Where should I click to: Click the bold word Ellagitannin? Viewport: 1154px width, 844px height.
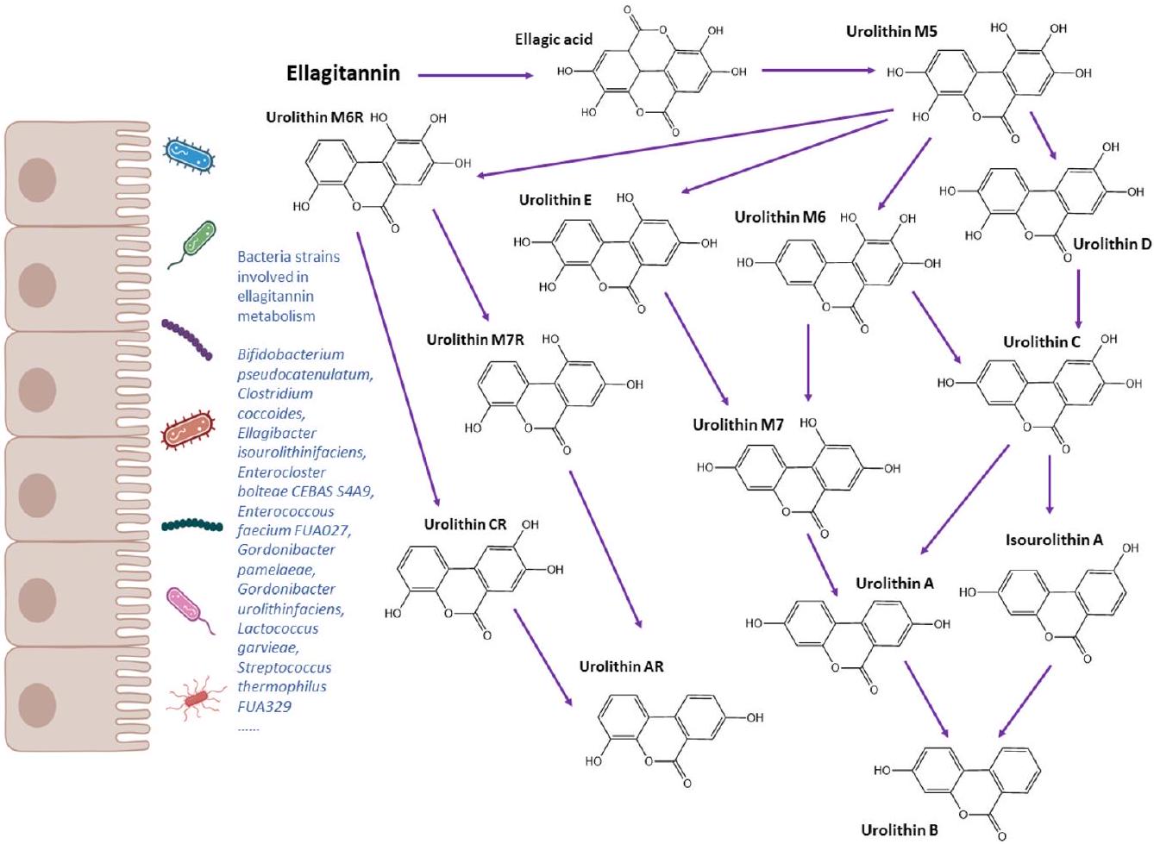click(342, 73)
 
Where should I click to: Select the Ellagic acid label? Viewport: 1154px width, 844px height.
click(554, 40)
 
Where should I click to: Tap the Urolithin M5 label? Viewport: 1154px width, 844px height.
click(891, 32)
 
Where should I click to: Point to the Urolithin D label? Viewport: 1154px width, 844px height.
click(1112, 244)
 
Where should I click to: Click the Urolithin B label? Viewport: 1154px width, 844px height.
click(900, 830)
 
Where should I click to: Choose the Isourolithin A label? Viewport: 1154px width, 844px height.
click(1054, 540)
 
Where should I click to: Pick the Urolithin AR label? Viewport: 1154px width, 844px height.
click(621, 666)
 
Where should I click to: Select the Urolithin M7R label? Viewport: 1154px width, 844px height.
click(474, 340)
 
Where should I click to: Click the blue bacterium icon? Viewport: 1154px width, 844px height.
click(189, 153)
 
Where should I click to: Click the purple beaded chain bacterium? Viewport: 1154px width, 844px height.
click(187, 338)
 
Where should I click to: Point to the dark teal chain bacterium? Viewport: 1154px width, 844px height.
click(191, 524)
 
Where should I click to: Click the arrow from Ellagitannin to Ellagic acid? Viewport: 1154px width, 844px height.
click(475, 76)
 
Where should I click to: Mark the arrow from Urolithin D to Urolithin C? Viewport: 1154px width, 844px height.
click(1078, 298)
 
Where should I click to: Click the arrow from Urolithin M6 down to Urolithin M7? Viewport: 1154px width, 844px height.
click(808, 362)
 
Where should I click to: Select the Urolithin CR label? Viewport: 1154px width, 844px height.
click(465, 524)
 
